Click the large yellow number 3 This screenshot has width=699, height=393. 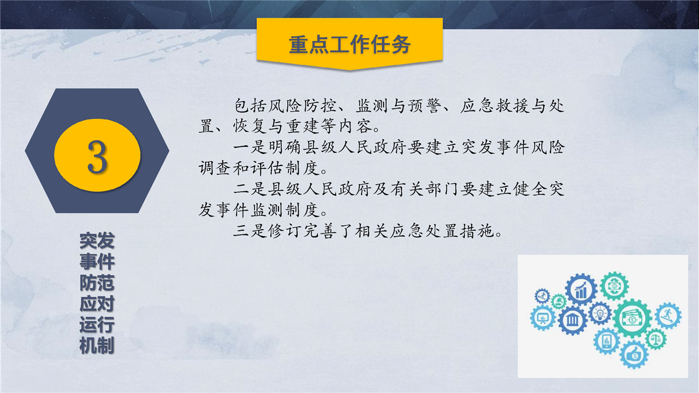(97, 156)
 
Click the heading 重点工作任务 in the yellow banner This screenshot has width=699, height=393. (349, 45)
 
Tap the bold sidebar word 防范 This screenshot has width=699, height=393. (97, 283)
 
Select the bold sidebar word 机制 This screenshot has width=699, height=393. (97, 345)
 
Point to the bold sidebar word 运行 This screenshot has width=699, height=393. (97, 324)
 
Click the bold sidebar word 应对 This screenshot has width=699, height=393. (97, 303)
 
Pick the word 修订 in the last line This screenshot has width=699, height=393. (285, 231)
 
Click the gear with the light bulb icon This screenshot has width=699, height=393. (600, 313)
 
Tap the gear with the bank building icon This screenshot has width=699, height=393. (573, 320)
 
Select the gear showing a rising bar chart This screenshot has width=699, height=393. (581, 289)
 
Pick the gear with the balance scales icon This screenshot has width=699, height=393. (656, 339)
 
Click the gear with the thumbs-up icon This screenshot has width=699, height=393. (634, 355)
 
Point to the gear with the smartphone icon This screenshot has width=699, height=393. (606, 341)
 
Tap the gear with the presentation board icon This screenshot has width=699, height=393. (543, 318)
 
